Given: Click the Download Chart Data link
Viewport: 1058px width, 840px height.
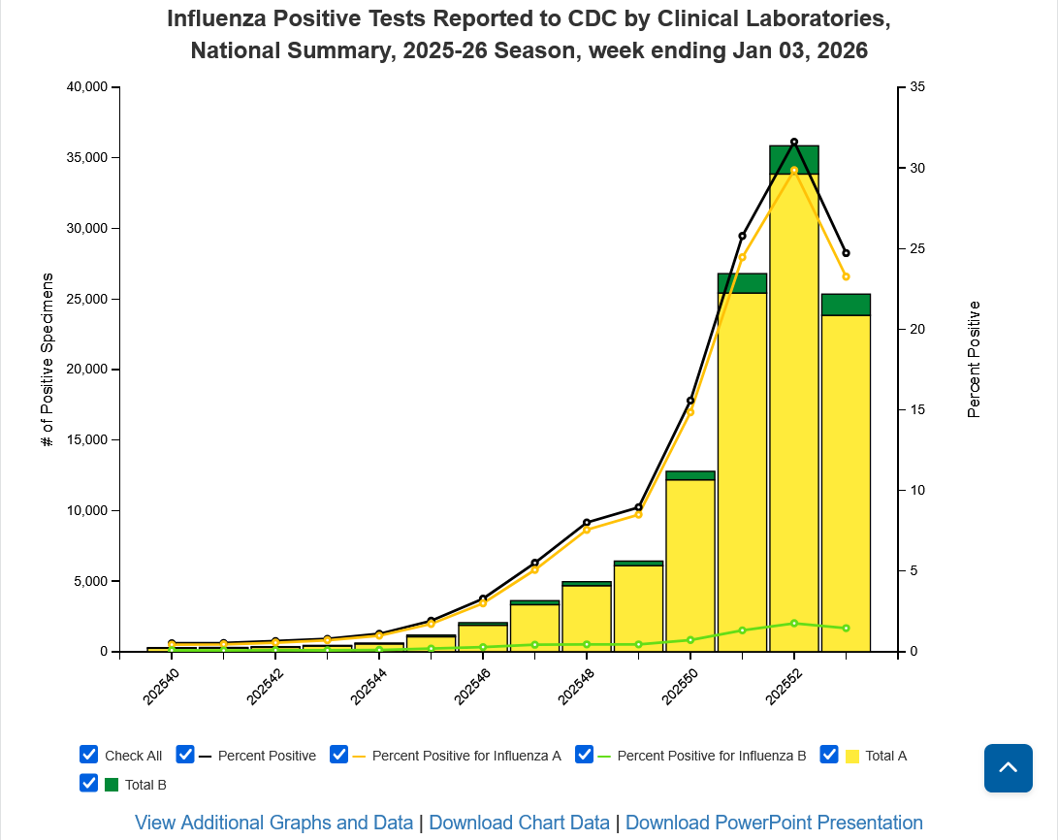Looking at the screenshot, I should [519, 823].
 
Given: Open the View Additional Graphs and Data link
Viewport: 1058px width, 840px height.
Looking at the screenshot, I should [273, 823].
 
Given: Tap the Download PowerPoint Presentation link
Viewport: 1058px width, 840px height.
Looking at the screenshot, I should [774, 823].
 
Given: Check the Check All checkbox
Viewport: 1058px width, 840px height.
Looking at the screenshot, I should [89, 755].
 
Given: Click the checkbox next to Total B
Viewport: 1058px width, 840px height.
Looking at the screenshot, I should [89, 783].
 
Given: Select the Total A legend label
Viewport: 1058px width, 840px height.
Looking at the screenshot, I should [885, 756].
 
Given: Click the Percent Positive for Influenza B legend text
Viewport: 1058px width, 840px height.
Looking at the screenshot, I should [711, 756].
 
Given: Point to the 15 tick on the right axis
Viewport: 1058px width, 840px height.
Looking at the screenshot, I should [916, 409].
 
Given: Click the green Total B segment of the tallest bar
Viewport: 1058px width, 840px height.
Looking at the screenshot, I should [794, 160].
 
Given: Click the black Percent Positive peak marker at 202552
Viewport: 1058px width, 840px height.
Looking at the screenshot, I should [794, 143].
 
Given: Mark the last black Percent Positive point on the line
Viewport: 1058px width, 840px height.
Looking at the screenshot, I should [846, 253].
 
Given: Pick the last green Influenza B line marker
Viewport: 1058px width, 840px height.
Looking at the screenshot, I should [846, 629].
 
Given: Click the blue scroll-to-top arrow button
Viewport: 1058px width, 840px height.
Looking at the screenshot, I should [1008, 768].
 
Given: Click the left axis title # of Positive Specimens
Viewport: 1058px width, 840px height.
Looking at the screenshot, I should [47, 360].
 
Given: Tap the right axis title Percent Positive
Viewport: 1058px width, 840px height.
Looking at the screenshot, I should [975, 360].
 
